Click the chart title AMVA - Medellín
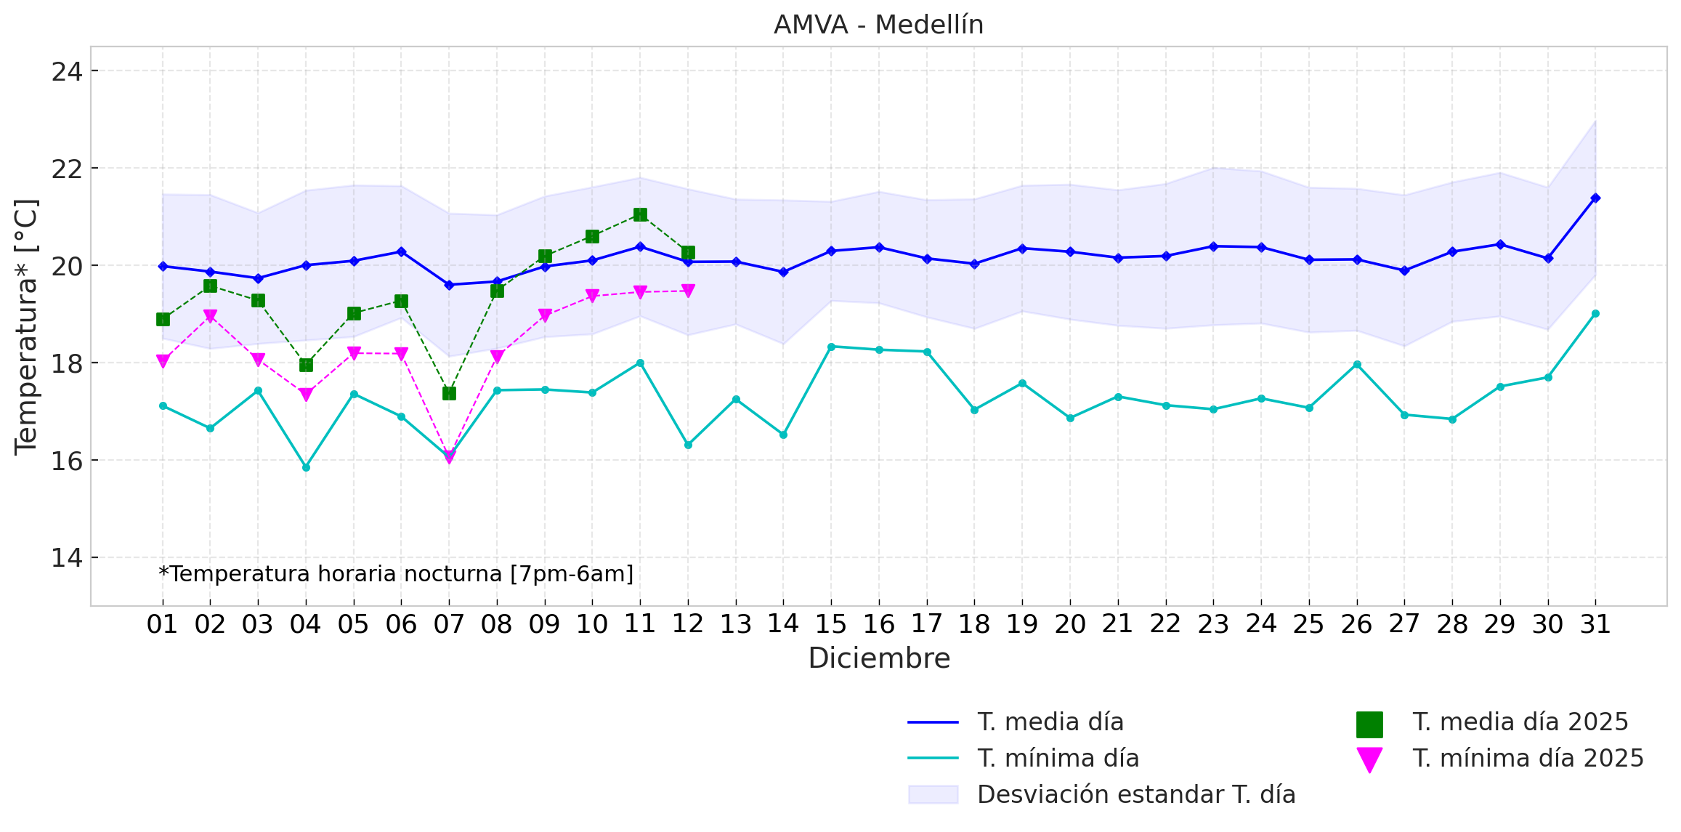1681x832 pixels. pos(878,25)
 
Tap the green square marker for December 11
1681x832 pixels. pos(640,214)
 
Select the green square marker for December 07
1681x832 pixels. pos(449,393)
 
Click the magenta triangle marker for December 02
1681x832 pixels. pos(210,316)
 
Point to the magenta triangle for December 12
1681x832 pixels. pos(688,291)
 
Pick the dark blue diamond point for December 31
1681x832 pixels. pos(1595,198)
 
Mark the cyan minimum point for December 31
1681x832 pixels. pos(1595,314)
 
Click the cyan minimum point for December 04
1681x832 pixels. pos(306,467)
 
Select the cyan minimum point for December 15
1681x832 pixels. pos(831,347)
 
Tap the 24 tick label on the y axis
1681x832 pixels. pos(66,72)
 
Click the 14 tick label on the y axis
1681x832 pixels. pos(66,558)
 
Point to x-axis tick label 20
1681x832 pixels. pos(1070,624)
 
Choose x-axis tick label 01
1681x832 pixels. pos(162,624)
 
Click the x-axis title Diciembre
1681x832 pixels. pos(879,658)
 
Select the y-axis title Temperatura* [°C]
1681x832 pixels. pos(26,327)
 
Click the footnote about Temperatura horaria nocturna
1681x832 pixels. pos(396,574)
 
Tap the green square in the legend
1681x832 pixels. pos(1369,724)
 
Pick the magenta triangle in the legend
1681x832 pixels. pos(1369,759)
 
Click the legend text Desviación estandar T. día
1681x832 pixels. pos(1136,795)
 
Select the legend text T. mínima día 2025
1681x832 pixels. pos(1528,759)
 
